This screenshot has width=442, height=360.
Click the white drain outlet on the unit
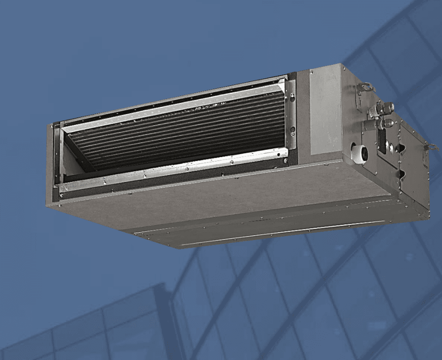coord(361,153)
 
